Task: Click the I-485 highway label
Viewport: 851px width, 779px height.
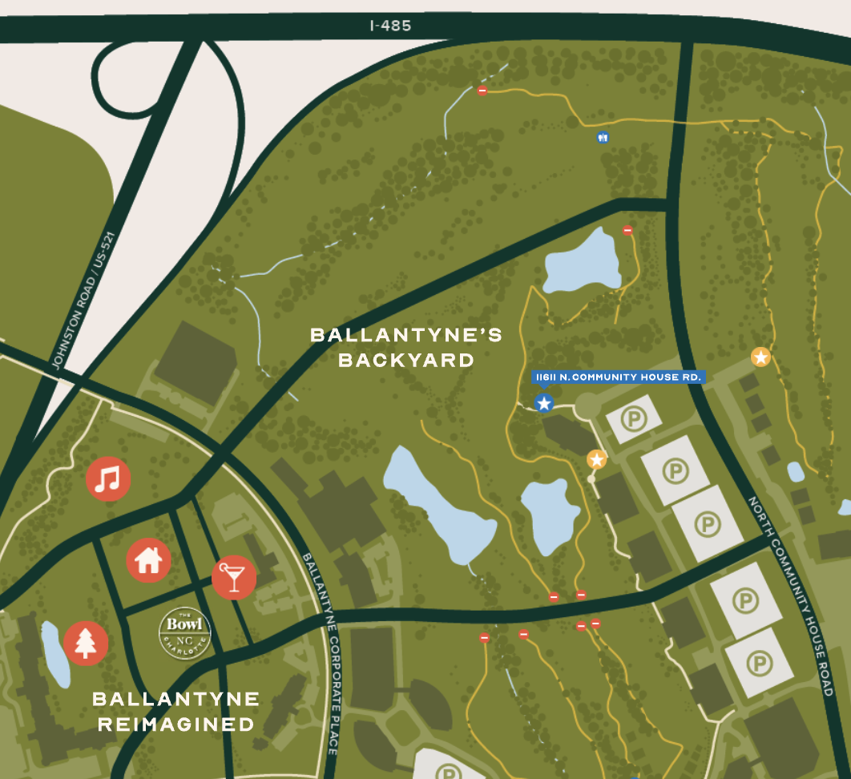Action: click(x=391, y=26)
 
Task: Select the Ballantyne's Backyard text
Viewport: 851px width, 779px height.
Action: click(x=406, y=347)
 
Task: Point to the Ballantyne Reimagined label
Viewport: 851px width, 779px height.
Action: click(x=176, y=712)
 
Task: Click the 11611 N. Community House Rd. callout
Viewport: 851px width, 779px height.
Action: click(x=618, y=377)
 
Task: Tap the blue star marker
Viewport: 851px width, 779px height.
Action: click(x=544, y=403)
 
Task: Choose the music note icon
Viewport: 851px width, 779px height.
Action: click(x=108, y=479)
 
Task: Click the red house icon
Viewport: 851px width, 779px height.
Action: click(x=148, y=560)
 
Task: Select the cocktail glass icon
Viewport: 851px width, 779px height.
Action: click(x=233, y=577)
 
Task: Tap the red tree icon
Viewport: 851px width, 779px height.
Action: click(x=85, y=643)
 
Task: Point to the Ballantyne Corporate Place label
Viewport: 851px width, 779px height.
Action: click(x=320, y=652)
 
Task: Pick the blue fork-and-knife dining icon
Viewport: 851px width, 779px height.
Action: click(x=603, y=137)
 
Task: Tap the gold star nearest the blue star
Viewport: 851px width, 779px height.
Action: click(x=596, y=459)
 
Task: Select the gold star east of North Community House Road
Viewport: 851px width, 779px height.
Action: click(x=760, y=357)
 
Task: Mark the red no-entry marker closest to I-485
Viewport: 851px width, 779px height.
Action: click(x=482, y=91)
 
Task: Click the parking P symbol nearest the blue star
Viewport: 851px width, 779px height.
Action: click(x=634, y=418)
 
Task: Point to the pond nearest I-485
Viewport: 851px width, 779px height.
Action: click(x=583, y=261)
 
